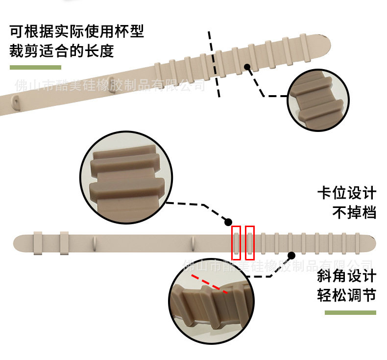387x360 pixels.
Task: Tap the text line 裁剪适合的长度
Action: (62, 51)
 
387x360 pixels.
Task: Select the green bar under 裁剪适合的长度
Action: (35, 67)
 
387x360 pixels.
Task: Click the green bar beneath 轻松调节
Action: (347, 312)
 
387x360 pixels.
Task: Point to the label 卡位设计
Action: (347, 193)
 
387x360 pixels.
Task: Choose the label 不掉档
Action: (354, 213)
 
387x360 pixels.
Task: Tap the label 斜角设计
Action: (347, 277)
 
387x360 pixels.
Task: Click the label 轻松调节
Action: (347, 296)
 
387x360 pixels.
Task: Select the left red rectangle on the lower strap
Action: (236, 242)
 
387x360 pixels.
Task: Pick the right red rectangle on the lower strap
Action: (250, 242)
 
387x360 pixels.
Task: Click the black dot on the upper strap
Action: (247, 67)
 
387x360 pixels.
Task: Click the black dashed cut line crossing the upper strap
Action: (215, 64)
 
